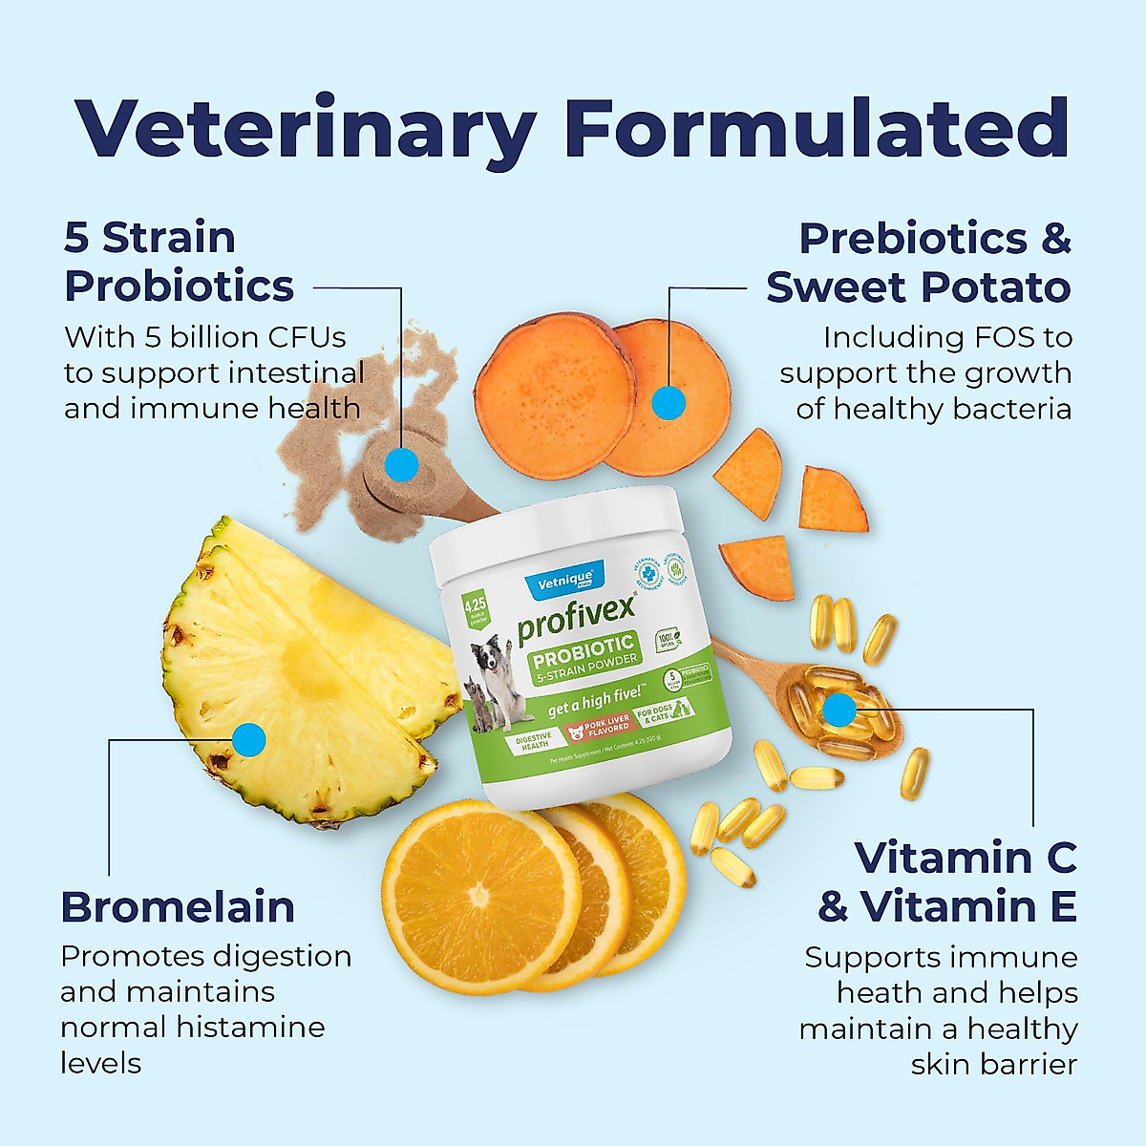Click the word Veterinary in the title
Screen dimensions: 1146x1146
pos(306,129)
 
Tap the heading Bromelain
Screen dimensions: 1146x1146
pos(178,907)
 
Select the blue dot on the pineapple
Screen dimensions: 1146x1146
pos(248,738)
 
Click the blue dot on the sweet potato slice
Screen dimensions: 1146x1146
pos(668,402)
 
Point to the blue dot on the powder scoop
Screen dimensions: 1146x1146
pos(402,465)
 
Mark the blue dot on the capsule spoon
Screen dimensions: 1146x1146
pos(838,710)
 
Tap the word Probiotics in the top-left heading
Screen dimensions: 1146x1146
pos(179,286)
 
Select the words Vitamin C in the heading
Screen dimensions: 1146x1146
pos(965,858)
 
